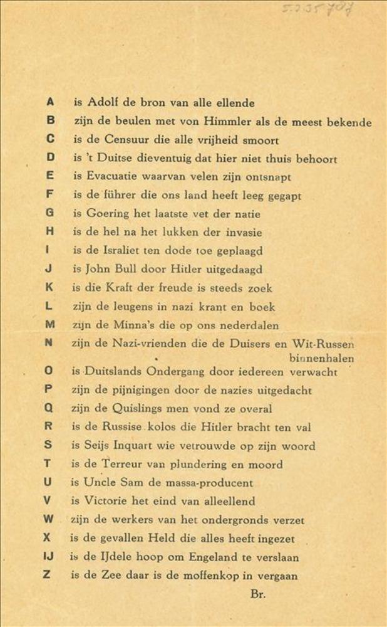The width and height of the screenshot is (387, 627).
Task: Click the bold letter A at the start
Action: pos(50,101)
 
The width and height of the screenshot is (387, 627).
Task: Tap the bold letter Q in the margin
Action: pos(49,408)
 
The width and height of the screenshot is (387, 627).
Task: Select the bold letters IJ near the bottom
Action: pos(48,556)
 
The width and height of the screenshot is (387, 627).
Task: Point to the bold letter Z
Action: pos(46,574)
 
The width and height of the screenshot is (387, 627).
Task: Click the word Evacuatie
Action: pos(114,177)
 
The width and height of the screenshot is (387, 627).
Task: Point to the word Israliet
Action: pos(130,251)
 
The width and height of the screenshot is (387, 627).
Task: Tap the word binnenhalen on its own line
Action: pos(322,359)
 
